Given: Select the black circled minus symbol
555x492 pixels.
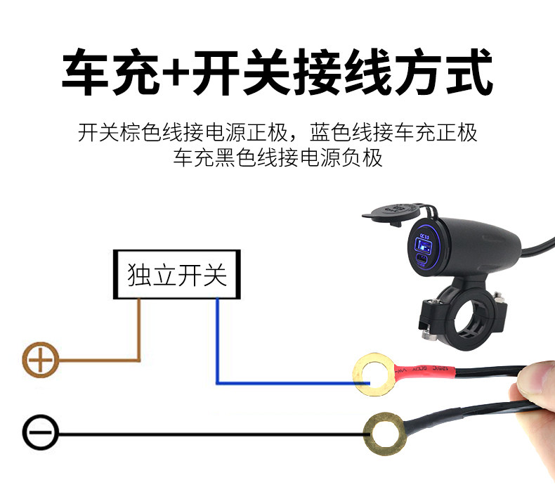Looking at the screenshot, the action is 41,434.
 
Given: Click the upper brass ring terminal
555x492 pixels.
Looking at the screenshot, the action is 370,375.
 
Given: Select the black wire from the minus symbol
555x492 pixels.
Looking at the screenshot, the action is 211,435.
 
